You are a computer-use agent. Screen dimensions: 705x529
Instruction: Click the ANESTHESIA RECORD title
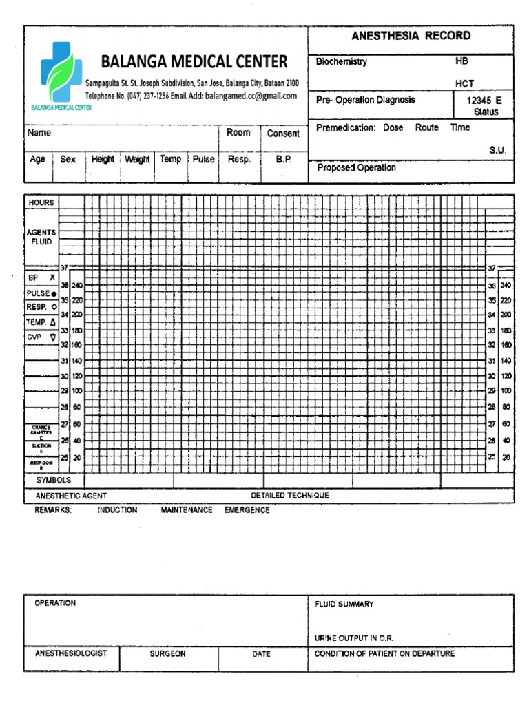click(411, 36)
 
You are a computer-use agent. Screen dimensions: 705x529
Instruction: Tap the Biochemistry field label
click(342, 62)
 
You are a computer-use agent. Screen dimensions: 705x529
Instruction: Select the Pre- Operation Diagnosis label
click(365, 100)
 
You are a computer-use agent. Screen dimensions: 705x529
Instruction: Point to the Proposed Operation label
click(356, 167)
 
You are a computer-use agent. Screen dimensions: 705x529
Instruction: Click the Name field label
click(39, 133)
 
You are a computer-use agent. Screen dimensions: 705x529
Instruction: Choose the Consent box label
click(283, 134)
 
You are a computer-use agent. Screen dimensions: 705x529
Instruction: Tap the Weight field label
click(138, 159)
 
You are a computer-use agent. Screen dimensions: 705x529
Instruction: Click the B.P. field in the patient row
click(284, 159)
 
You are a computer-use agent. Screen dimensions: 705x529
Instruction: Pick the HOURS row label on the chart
click(41, 203)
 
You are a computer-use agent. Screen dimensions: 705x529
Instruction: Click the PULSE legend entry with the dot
click(42, 293)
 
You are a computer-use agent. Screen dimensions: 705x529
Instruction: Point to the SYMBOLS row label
click(53, 481)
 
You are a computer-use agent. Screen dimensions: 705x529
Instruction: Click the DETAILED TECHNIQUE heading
click(289, 496)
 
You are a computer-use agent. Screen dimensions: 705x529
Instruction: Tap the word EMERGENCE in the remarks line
click(247, 510)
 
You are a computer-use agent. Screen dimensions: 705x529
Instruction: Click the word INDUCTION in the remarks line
click(117, 510)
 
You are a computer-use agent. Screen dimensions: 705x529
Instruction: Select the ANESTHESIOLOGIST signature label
click(71, 653)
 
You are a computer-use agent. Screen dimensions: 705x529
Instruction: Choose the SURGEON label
click(168, 654)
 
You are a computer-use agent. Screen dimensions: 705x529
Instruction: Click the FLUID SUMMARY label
click(344, 604)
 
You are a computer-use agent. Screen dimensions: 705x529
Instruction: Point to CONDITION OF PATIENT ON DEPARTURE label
click(384, 653)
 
